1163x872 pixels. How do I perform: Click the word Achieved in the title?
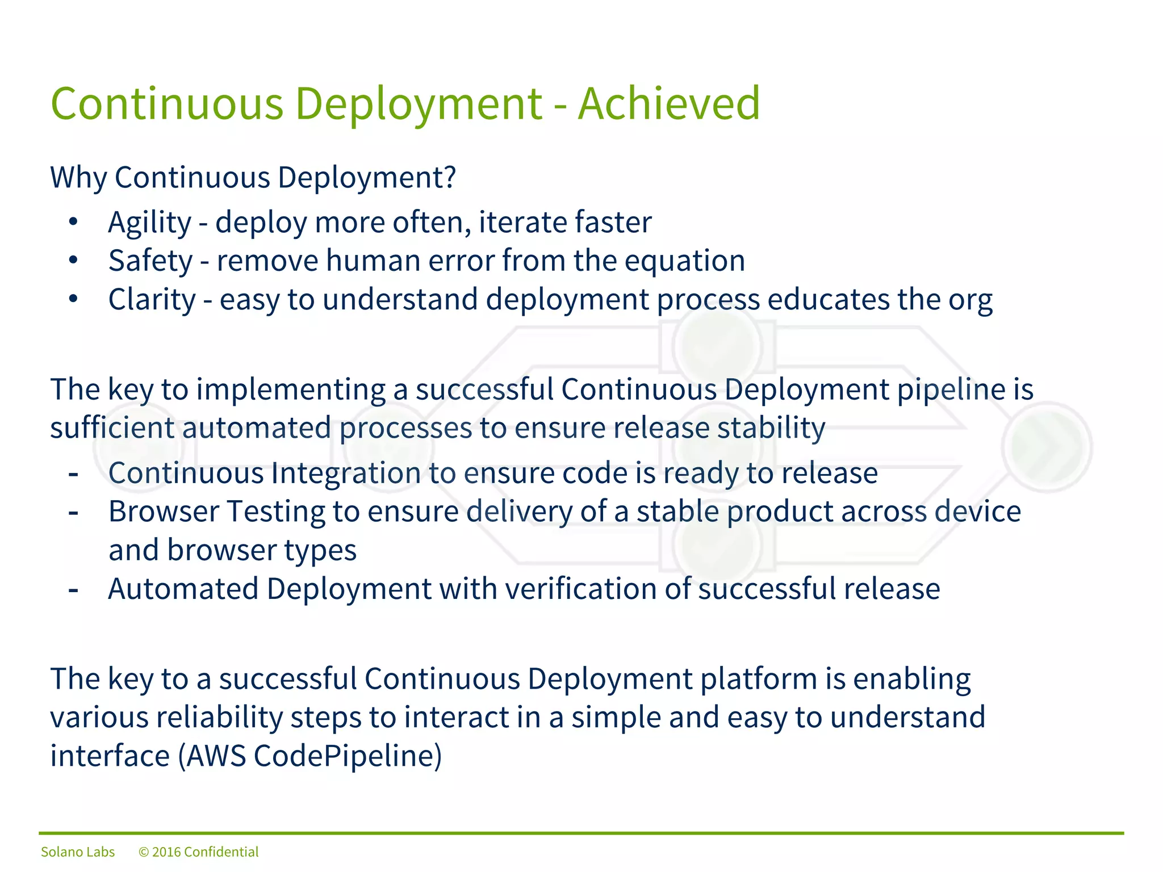tap(668, 104)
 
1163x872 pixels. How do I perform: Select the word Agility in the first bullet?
tap(150, 223)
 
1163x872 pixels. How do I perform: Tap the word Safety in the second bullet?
tap(150, 262)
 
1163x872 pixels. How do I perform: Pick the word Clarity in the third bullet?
tap(152, 300)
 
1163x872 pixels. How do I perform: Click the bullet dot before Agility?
tap(73, 222)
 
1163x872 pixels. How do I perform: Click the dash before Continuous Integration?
tap(73, 473)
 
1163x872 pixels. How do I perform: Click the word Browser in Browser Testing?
tap(164, 512)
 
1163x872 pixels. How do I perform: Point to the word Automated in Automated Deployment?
tap(183, 589)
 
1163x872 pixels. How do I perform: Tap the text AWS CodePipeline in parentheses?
tap(310, 756)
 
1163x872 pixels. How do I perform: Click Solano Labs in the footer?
tap(78, 852)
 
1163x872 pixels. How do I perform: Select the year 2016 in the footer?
tap(166, 852)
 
